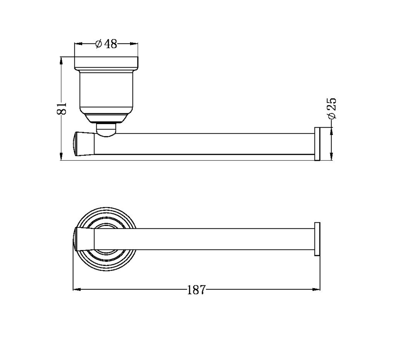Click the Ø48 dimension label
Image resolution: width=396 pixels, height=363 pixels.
click(106, 44)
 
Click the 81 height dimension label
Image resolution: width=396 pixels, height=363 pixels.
click(62, 108)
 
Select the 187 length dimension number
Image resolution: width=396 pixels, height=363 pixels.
click(196, 290)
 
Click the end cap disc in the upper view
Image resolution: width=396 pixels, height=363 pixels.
click(317, 144)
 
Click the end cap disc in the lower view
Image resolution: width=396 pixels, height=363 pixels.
click(317, 239)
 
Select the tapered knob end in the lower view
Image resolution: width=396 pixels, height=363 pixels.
click(84, 239)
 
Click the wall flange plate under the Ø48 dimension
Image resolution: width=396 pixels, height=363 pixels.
click(106, 62)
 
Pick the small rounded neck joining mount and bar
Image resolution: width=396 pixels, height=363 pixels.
click(106, 130)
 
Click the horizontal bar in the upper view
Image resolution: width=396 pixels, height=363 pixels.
click(202, 144)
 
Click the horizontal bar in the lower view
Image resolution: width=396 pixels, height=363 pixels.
click(202, 239)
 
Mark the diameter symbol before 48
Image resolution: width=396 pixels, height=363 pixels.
click(99, 44)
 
